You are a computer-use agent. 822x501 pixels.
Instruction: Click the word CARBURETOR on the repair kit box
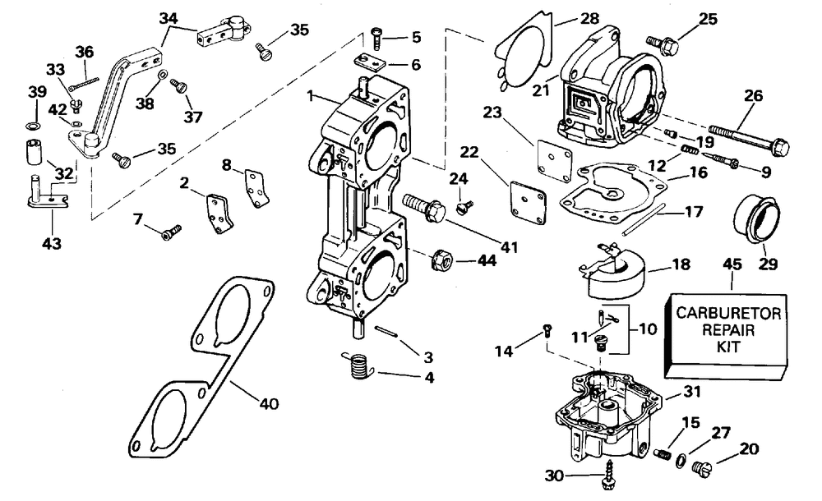(x=728, y=314)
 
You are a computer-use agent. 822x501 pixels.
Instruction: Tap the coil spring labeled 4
(x=358, y=365)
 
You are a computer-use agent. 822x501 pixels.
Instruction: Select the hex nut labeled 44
(x=441, y=259)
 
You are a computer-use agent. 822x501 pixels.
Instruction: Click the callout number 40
(x=269, y=403)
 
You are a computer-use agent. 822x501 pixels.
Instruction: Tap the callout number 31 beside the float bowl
(x=692, y=392)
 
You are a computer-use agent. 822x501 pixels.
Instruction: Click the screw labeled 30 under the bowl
(x=608, y=475)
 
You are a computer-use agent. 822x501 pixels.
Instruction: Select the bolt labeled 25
(x=663, y=44)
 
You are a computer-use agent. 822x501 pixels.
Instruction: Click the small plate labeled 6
(x=372, y=63)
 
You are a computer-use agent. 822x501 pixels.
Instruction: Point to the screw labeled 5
(x=377, y=39)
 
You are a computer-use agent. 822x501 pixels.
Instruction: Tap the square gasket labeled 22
(x=528, y=202)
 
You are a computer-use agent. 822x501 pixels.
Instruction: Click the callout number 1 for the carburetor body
(x=311, y=96)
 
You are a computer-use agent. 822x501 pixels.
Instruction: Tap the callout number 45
(x=732, y=264)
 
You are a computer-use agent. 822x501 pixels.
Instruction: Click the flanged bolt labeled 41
(x=423, y=207)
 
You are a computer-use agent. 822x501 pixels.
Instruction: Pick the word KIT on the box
(x=728, y=347)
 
